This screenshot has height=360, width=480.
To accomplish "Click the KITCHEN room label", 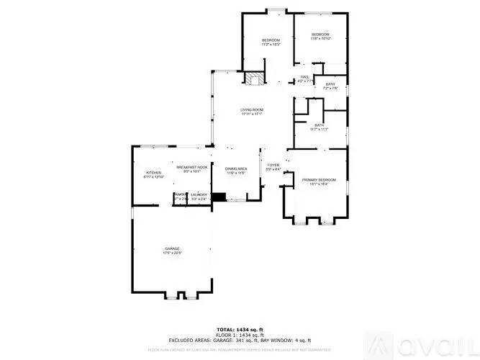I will point(154,173).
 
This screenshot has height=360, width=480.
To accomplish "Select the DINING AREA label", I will point(236,169).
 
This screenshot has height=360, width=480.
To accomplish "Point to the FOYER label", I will point(273,165).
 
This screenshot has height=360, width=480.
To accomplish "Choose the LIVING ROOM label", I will point(251,109).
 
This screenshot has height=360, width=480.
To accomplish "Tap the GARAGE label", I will point(171,249).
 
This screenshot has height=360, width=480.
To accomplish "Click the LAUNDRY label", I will point(199,194).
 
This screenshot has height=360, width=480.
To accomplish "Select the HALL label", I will point(305,77).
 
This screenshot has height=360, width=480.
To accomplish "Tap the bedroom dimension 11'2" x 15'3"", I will point(270,45).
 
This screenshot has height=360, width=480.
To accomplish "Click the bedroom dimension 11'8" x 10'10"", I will point(320,40).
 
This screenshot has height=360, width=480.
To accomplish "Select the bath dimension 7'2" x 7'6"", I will point(330,89).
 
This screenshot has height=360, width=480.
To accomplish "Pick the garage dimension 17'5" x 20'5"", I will point(171,253).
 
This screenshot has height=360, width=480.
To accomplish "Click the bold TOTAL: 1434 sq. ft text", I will point(240,330).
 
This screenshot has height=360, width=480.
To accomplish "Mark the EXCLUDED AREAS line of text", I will point(240,340).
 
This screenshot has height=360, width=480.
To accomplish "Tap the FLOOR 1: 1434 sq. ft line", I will point(240,335).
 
